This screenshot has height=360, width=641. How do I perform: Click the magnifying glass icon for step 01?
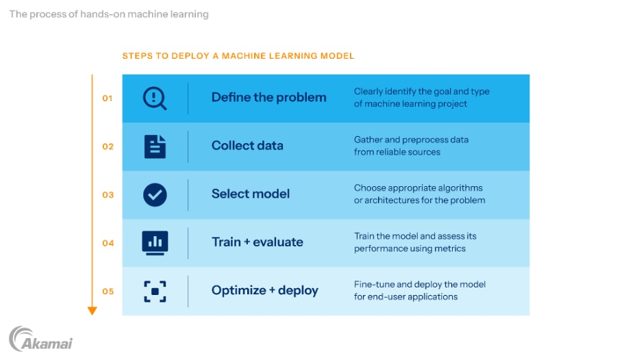tap(155, 98)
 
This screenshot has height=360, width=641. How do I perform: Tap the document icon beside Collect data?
tap(155, 146)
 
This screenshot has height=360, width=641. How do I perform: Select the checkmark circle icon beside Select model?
tap(155, 194)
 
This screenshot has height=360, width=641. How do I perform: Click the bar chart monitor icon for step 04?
tap(155, 242)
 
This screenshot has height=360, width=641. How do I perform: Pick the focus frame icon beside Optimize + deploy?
tap(155, 291)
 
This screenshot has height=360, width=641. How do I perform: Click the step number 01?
tap(108, 98)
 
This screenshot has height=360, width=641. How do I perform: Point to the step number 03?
tap(108, 194)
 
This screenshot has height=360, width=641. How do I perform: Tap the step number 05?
tap(108, 291)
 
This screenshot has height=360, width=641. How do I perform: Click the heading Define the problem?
tap(268, 97)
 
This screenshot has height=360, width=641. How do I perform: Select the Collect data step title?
tap(247, 146)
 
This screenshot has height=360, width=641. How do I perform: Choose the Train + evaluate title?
tap(257, 242)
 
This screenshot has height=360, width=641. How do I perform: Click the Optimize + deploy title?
tap(264, 290)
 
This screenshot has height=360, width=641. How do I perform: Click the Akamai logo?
tap(41, 339)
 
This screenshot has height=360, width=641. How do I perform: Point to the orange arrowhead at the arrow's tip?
tap(92, 311)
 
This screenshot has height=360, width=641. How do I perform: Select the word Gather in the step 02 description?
tap(368, 140)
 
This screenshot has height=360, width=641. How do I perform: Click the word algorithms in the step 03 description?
tap(459, 188)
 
